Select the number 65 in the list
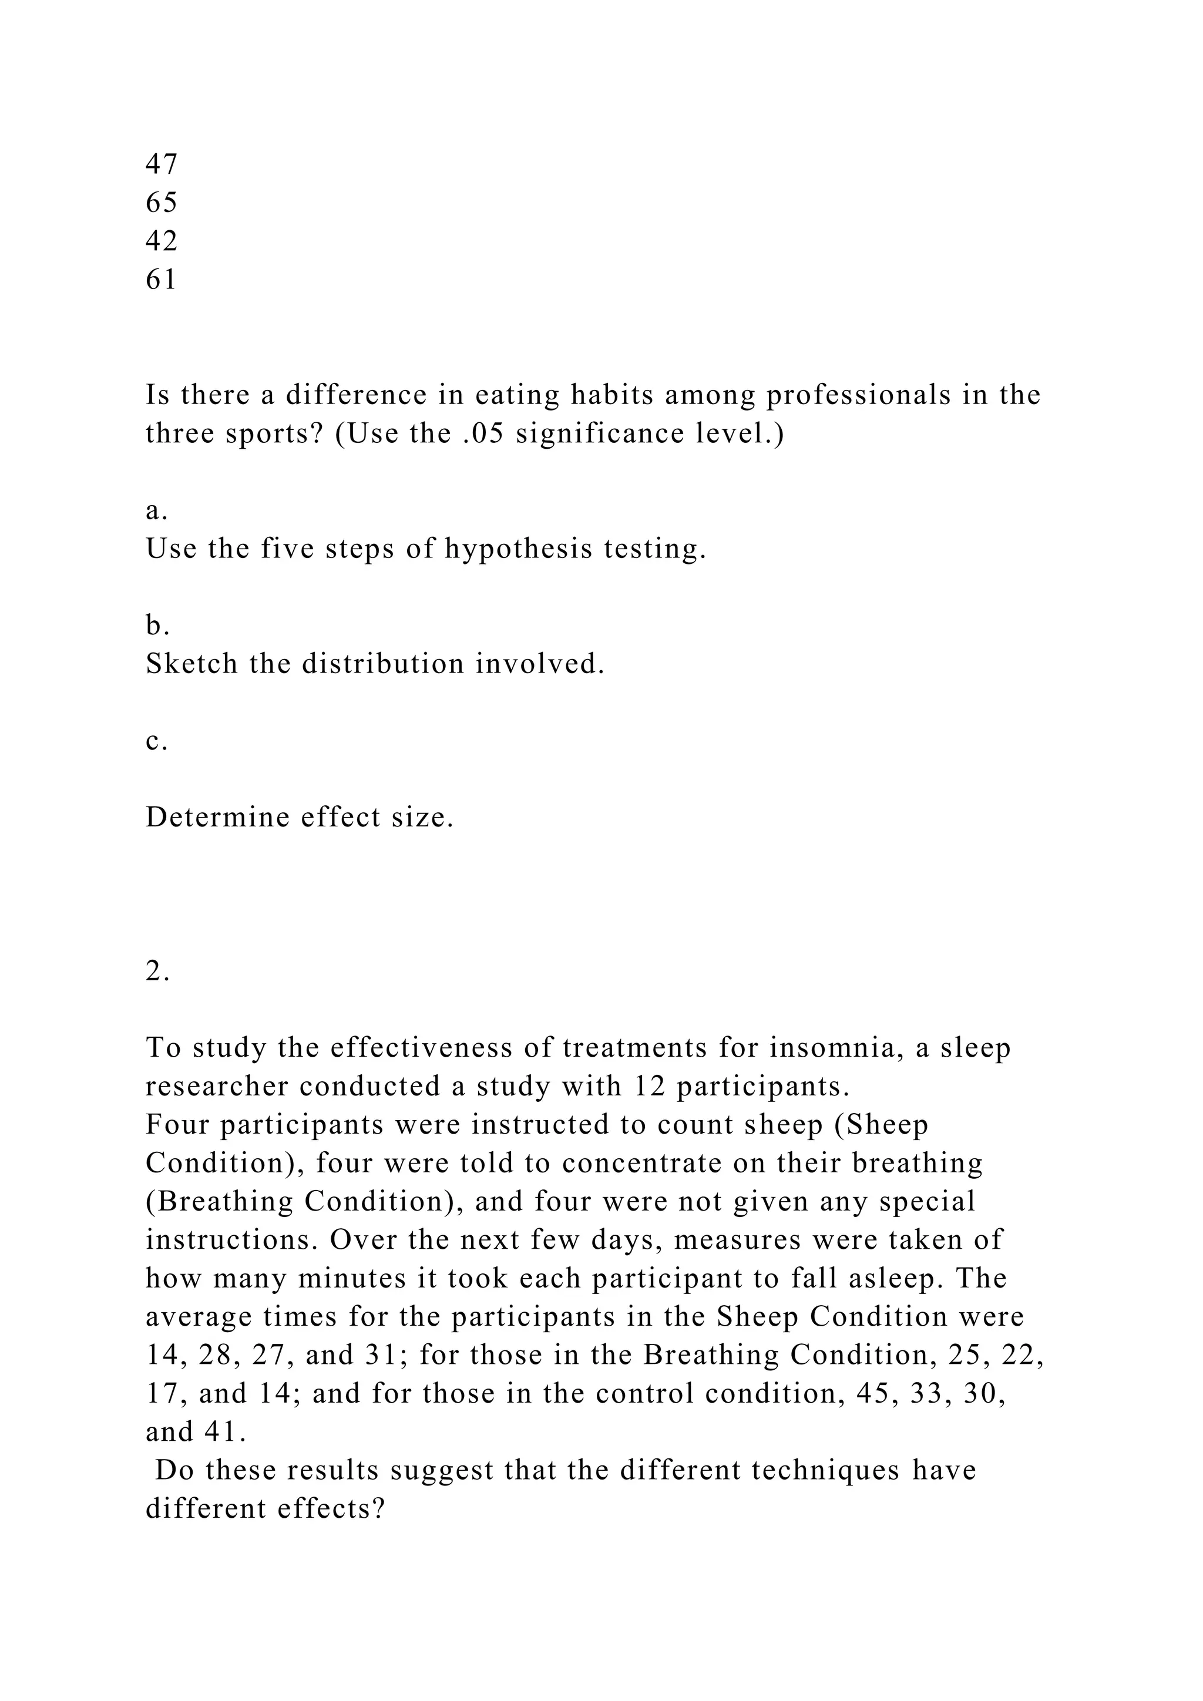(x=162, y=202)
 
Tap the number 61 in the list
(x=162, y=280)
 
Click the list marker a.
(x=156, y=510)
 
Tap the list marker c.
(x=156, y=741)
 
